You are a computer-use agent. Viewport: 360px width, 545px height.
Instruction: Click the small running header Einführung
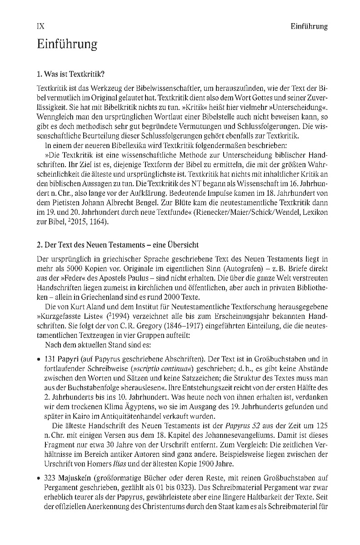pyautogui.click(x=309, y=27)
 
